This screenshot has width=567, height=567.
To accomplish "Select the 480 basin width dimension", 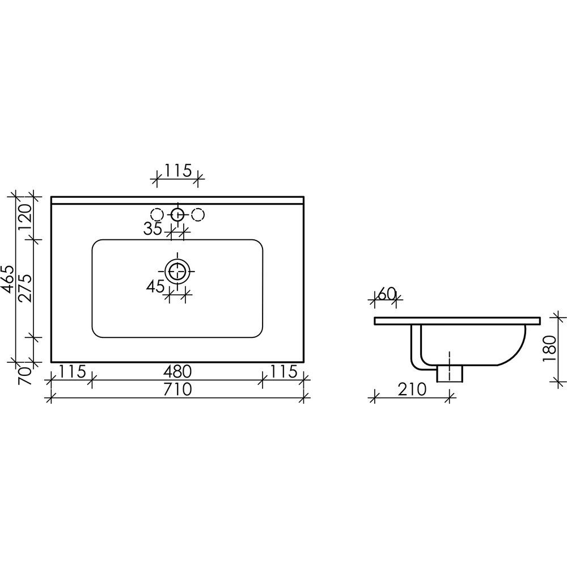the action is [x=177, y=371].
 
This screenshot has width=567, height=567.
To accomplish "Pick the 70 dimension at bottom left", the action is [x=26, y=376].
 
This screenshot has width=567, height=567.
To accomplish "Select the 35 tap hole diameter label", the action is [x=153, y=229].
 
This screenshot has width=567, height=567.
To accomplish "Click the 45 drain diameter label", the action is [x=155, y=287].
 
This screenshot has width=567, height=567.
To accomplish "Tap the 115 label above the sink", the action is [x=177, y=171].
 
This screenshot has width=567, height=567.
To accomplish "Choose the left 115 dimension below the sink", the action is [x=73, y=371].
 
